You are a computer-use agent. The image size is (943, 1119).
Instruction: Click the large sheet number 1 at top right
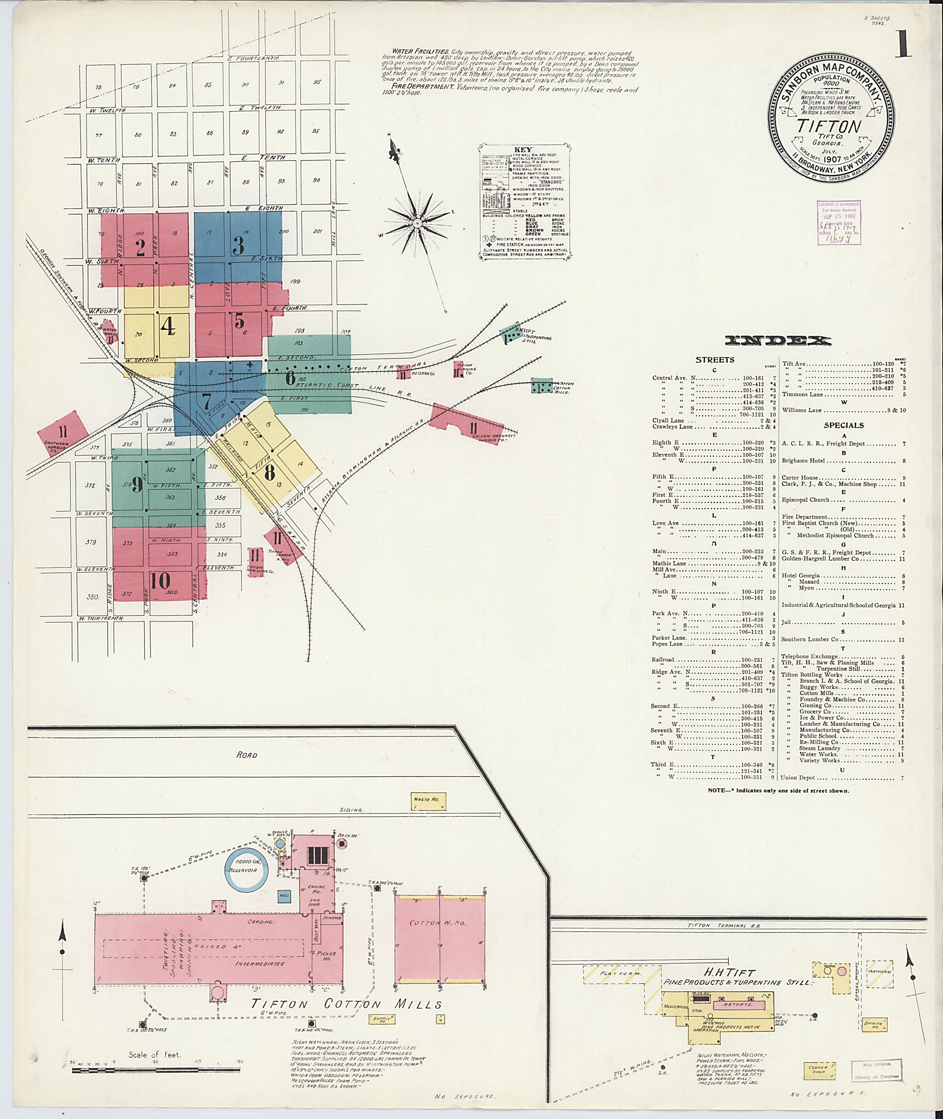point(902,44)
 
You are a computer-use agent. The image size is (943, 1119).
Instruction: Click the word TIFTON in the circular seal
point(829,127)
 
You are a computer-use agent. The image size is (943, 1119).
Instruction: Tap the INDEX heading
point(778,341)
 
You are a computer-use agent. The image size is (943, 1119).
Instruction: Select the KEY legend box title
point(523,150)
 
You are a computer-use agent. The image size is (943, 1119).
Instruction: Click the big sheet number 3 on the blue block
point(239,245)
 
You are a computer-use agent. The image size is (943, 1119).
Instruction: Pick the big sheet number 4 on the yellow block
point(167,326)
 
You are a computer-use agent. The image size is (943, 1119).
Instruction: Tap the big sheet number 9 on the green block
point(137,484)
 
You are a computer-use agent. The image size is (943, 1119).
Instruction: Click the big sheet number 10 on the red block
point(160,580)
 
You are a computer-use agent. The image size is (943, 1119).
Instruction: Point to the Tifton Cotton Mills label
point(346,1005)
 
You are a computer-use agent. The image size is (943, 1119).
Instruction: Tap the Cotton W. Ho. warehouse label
point(438,923)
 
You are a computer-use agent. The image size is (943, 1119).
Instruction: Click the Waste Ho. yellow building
point(428,801)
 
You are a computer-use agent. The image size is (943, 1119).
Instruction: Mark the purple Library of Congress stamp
point(839,223)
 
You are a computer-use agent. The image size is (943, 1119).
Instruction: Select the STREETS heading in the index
point(715,360)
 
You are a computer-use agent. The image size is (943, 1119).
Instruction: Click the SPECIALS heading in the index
point(843,425)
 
